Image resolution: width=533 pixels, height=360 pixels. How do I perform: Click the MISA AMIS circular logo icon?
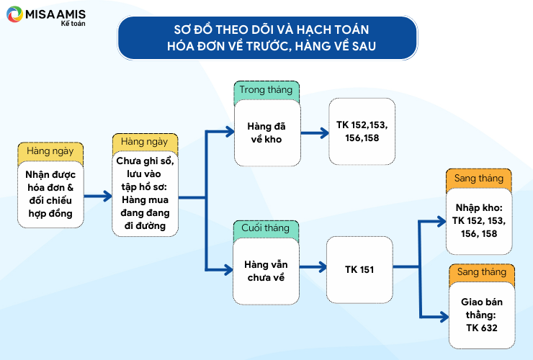point(14,14)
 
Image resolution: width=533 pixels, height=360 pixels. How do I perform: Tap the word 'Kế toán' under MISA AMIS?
point(73,24)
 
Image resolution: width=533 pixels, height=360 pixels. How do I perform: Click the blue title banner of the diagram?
point(267,38)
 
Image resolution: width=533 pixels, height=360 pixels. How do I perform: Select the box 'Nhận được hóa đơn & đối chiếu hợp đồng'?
point(50,194)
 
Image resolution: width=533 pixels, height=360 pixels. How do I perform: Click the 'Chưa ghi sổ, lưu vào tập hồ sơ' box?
point(145,194)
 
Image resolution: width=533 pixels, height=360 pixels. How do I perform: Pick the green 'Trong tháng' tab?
point(266,91)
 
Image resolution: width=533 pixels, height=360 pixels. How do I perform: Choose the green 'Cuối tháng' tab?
point(266,229)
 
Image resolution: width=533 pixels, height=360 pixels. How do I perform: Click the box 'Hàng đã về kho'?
point(267,133)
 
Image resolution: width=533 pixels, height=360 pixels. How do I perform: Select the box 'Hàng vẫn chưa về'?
point(266,271)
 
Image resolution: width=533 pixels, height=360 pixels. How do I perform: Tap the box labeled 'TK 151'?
point(359,269)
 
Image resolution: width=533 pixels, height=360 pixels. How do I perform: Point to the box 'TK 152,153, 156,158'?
point(362,132)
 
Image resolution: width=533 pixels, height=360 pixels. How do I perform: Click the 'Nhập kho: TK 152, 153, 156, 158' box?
point(479,221)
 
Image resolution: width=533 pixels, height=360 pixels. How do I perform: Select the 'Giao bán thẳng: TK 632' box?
point(482,315)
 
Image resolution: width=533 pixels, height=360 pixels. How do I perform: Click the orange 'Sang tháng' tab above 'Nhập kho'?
point(478,179)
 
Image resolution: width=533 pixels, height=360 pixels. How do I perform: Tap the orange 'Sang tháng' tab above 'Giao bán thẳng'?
point(482,273)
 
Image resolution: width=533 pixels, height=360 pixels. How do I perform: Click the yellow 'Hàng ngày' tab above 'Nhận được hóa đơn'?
point(50,152)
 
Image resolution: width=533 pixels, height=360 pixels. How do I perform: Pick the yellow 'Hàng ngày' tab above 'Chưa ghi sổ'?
point(145,143)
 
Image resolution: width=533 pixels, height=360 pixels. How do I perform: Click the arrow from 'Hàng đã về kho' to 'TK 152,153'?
point(315,133)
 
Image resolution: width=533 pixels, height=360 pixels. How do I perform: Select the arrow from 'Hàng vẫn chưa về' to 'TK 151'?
point(313,267)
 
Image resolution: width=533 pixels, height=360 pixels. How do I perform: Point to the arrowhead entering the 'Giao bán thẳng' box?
point(444,317)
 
